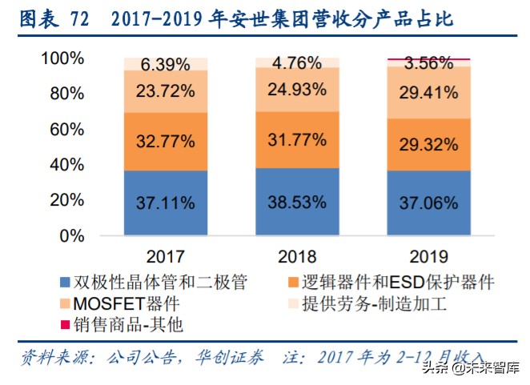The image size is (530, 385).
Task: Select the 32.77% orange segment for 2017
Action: [166, 142]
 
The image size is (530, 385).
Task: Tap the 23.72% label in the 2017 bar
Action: [166, 90]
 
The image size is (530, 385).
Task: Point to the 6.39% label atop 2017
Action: [166, 64]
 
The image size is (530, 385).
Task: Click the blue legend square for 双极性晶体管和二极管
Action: [65, 283]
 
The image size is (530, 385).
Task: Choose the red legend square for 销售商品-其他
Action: [65, 324]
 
